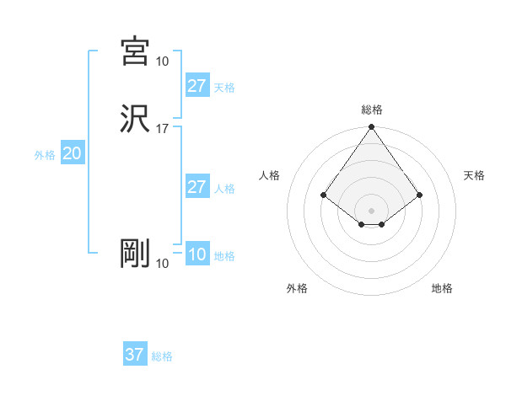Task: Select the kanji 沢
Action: click(x=135, y=119)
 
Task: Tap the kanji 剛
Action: click(x=135, y=254)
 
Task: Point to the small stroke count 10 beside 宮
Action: click(x=162, y=62)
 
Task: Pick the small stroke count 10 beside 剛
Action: click(x=162, y=264)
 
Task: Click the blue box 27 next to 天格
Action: click(x=196, y=86)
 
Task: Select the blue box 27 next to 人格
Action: click(x=196, y=187)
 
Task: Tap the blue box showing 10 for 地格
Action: click(x=196, y=254)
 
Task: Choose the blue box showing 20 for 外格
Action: click(x=73, y=153)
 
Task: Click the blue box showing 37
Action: click(x=134, y=355)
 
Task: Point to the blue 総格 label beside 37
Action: click(x=162, y=356)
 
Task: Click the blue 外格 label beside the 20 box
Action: click(x=45, y=155)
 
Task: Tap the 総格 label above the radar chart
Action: click(x=372, y=110)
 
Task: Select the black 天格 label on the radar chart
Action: click(x=474, y=175)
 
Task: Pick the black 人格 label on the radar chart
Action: click(x=270, y=175)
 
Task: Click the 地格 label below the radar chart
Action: click(x=442, y=288)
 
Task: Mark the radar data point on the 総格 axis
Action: click(x=372, y=128)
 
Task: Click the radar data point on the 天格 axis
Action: click(x=420, y=195)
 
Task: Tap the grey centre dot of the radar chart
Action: click(x=372, y=210)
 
